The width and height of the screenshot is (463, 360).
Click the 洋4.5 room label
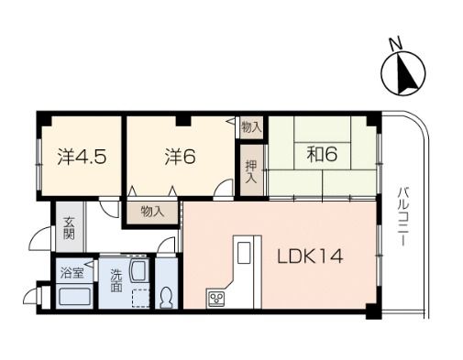[82, 158]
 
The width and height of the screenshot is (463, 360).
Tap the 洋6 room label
[180, 157]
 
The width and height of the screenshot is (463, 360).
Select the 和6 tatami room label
[322, 154]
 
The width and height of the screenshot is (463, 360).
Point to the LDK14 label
[310, 256]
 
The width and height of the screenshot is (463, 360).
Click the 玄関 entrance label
[69, 228]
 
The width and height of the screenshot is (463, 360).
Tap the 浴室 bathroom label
[72, 273]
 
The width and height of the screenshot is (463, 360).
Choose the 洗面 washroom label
[116, 280]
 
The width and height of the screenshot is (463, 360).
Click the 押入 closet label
[251, 171]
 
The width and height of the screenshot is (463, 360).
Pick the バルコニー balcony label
[402, 217]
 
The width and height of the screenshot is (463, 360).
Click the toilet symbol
[167, 298]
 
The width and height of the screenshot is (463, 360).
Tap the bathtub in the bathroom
[74, 296]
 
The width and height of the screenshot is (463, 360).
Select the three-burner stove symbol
[216, 298]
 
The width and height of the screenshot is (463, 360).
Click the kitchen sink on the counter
[244, 252]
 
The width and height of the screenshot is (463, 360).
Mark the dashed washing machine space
[141, 298]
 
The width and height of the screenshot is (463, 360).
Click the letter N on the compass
[395, 43]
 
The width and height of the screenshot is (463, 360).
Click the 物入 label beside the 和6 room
[251, 127]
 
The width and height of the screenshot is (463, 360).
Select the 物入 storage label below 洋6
[152, 211]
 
